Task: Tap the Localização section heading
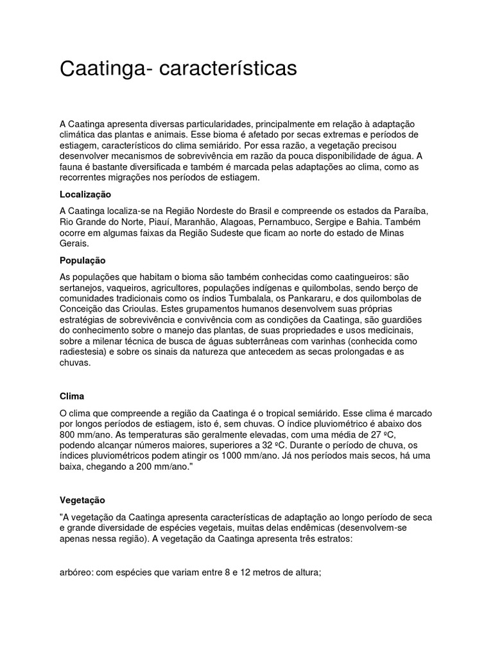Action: [85, 194]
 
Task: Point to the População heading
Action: [82, 260]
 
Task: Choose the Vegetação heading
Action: [82, 499]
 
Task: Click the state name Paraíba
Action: [410, 211]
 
